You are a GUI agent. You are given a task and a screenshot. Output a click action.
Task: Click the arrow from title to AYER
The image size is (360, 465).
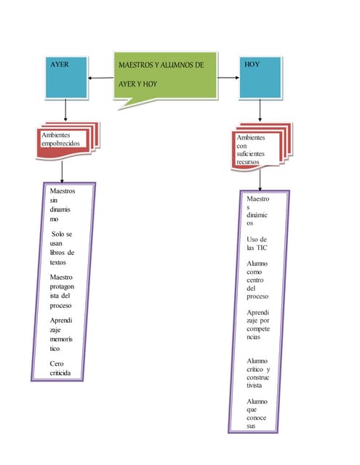coord(100,78)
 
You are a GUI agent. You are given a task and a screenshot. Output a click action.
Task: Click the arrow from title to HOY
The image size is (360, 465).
coord(228,78)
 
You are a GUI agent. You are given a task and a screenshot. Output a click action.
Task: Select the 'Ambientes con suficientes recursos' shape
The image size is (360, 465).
coord(260,147)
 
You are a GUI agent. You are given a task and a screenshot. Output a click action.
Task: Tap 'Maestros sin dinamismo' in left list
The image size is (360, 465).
coord(62,203)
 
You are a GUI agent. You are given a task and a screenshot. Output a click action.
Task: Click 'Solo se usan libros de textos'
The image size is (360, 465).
coord(62,248)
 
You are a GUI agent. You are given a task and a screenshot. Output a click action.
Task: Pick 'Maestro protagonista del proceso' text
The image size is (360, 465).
coord(62,291)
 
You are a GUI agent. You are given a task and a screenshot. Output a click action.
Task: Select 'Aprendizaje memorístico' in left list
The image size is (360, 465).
coord(62,334)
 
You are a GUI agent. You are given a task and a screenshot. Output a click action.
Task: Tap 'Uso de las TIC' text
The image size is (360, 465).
coord(257,243)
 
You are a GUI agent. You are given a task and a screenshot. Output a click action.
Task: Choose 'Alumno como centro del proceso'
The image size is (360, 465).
coord(257,280)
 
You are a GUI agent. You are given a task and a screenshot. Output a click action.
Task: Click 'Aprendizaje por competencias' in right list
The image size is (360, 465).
coord(258,325)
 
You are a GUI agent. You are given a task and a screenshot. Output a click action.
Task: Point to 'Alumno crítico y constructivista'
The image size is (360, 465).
coord(258,373)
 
